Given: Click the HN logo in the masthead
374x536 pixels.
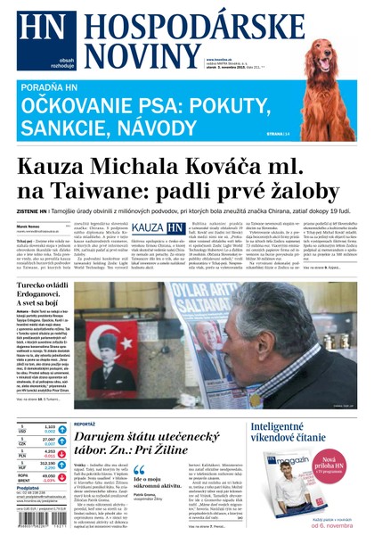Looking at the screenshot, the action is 38,29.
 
